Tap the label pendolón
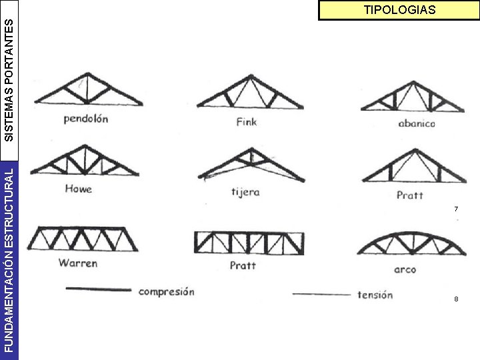[x=85, y=119]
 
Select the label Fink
[x=246, y=122]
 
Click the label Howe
[x=78, y=189]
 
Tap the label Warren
[x=77, y=263]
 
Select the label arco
[x=405, y=269]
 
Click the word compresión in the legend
[x=167, y=291]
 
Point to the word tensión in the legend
[x=375, y=295]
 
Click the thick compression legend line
[x=98, y=289]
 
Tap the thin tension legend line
[x=321, y=294]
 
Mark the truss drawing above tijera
[x=248, y=163]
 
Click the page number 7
[x=456, y=209]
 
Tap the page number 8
[x=456, y=299]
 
